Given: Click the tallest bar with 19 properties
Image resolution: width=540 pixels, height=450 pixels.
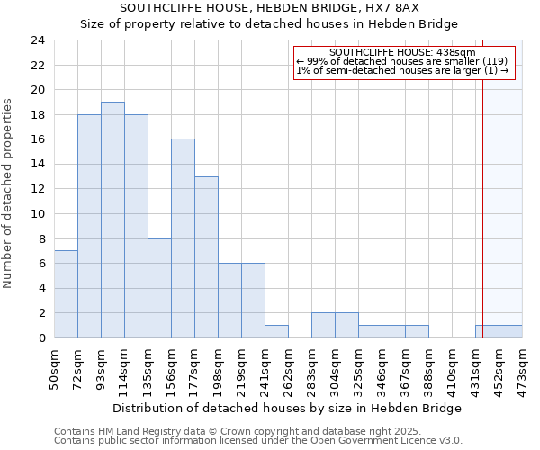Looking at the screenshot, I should pyautogui.click(x=112, y=220).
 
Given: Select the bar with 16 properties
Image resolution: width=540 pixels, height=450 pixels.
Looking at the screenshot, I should pyautogui.click(x=183, y=238).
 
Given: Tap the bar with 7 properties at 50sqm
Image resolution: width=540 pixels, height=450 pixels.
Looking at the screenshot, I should pyautogui.click(x=66, y=294).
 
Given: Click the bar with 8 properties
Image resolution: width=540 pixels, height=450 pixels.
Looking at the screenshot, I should pyautogui.click(x=159, y=288).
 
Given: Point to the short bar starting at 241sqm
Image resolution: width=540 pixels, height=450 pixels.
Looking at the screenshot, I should pyautogui.click(x=276, y=331).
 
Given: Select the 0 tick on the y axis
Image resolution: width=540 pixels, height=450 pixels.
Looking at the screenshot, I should pyautogui.click(x=41, y=338).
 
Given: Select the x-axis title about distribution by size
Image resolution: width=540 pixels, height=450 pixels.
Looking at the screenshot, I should pyautogui.click(x=287, y=408).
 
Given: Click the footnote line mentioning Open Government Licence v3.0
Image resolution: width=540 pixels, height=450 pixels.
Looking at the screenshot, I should pyautogui.click(x=258, y=440).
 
